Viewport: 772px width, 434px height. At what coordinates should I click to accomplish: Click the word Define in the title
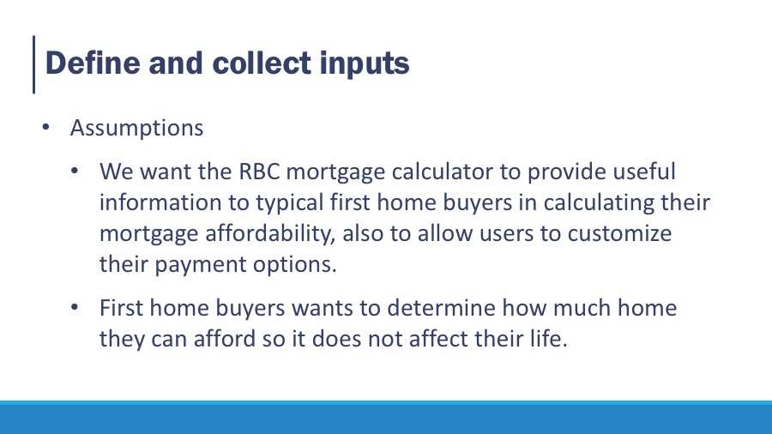93,63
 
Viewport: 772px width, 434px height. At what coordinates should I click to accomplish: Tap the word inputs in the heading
365,64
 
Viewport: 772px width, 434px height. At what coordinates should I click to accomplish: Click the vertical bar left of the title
34,64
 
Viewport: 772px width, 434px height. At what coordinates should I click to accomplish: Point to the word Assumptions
136,129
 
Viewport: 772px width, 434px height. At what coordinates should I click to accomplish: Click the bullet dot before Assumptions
45,128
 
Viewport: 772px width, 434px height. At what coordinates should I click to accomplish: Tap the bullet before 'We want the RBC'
75,172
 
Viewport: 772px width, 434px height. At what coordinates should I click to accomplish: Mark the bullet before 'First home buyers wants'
75,308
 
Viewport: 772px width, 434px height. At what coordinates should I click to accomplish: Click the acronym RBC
259,172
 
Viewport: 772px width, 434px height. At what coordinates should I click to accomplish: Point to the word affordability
270,234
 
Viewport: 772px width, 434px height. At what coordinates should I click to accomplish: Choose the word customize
619,233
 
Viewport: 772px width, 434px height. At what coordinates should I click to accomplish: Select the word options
295,265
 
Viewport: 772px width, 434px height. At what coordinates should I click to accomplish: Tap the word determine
441,308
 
